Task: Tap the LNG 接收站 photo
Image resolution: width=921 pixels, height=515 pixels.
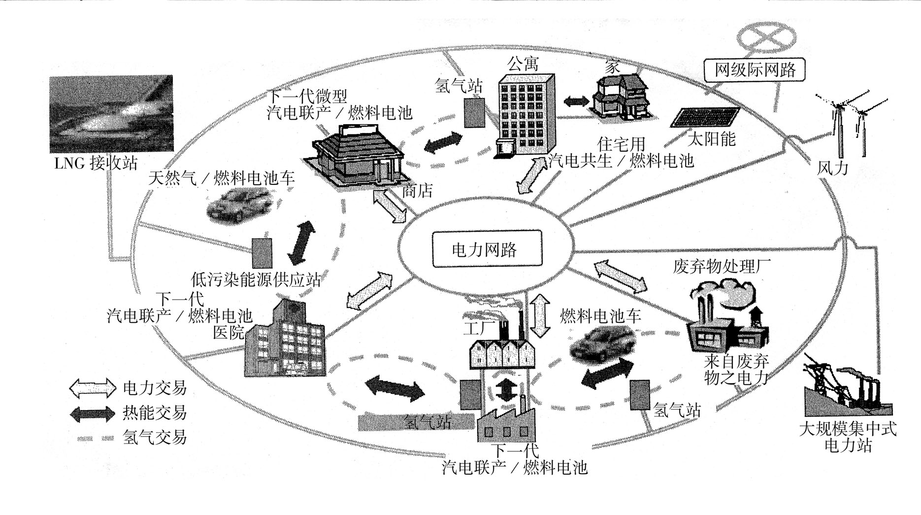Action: pyautogui.click(x=111, y=114)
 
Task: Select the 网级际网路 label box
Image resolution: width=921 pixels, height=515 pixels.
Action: pyautogui.click(x=755, y=70)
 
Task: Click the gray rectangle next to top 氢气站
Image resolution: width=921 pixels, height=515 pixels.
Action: pyautogui.click(x=474, y=113)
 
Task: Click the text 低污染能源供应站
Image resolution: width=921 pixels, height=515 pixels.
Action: pyautogui.click(x=256, y=280)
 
